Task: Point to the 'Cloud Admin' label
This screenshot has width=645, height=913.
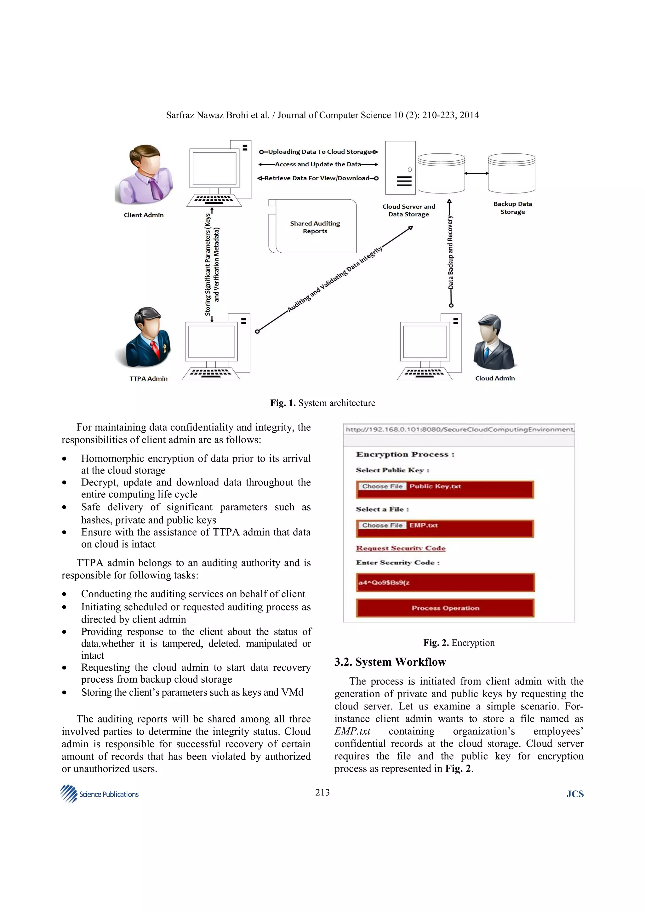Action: pyautogui.click(x=495, y=378)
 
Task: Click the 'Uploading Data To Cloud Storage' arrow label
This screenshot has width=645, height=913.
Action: pyautogui.click(x=319, y=152)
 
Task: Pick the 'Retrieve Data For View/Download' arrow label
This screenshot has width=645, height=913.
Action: pyautogui.click(x=317, y=178)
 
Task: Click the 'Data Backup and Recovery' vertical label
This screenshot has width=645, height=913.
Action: pyautogui.click(x=450, y=252)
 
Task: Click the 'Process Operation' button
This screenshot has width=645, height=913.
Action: pyautogui.click(x=445, y=608)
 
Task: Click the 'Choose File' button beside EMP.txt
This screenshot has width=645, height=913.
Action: pyautogui.click(x=382, y=525)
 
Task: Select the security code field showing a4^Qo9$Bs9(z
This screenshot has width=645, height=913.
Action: pyautogui.click(x=445, y=583)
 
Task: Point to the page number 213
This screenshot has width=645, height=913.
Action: pyautogui.click(x=322, y=793)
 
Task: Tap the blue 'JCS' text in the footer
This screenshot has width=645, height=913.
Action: pyautogui.click(x=575, y=794)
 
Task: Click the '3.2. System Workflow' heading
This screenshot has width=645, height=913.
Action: pyautogui.click(x=390, y=662)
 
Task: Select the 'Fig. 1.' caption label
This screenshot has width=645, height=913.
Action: pyautogui.click(x=283, y=403)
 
